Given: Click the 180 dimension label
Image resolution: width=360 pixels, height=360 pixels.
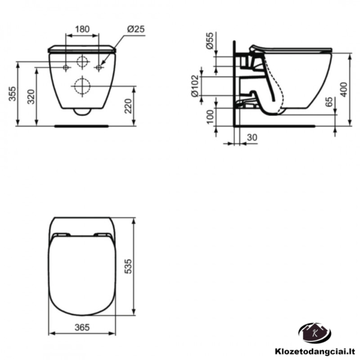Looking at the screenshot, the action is (82, 29).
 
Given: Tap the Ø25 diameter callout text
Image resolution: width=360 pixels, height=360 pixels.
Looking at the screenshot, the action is (136, 29).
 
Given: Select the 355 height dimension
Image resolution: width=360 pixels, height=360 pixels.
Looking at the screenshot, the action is (13, 94).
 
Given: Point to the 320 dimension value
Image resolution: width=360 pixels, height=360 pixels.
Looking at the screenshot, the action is (31, 97).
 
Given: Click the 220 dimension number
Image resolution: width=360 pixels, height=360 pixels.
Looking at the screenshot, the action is (128, 106).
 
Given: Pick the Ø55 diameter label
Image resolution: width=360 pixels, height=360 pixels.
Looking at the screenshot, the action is (209, 41).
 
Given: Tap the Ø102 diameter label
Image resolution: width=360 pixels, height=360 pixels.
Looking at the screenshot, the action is (195, 86).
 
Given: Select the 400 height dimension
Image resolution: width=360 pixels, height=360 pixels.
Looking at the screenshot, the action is (344, 89).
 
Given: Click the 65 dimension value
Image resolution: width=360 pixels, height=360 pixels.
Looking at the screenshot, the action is (329, 102).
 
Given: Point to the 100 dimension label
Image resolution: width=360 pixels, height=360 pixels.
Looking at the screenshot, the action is (210, 117).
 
